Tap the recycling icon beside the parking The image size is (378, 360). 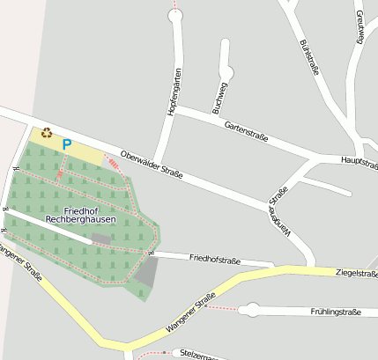(x=46, y=133)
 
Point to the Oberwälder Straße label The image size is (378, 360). (x=152, y=163)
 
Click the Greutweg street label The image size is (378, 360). (x=360, y=26)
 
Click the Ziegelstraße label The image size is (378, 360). (x=356, y=273)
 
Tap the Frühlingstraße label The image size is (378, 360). (x=336, y=312)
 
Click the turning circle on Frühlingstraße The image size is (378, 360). (x=251, y=309)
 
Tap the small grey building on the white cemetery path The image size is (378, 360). (x=101, y=239)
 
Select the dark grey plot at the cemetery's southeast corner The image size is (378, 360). (x=147, y=272)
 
